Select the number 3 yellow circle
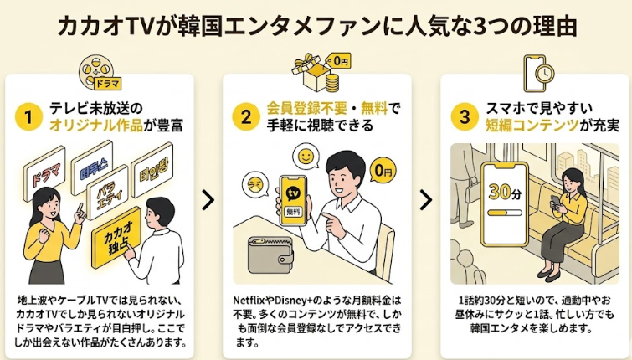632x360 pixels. (x=463, y=117)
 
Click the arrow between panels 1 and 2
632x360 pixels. (x=208, y=199)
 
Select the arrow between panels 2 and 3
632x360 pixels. (x=426, y=199)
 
